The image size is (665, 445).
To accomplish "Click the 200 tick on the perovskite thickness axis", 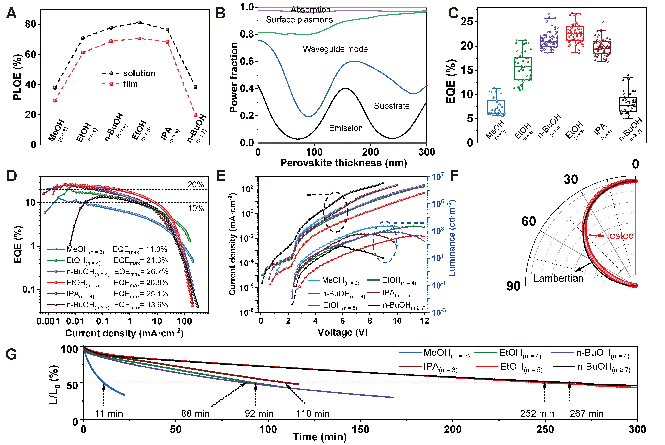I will pos(370,152).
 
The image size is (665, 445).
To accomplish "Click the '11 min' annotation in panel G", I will pos(109,414).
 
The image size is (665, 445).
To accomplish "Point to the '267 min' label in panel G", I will pos(587,414).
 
